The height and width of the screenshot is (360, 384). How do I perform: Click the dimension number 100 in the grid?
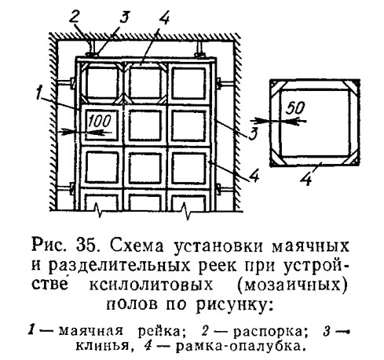click(100, 121)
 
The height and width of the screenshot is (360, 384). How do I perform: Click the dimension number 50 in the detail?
click(295, 107)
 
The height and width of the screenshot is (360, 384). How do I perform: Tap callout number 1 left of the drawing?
click(39, 93)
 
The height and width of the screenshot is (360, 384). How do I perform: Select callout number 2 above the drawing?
click(75, 18)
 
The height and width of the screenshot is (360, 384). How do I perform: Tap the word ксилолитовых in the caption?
click(151, 285)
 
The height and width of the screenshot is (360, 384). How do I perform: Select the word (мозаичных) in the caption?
click(293, 285)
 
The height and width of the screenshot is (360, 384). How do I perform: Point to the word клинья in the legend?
click(102, 347)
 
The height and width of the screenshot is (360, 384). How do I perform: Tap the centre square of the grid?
click(144, 125)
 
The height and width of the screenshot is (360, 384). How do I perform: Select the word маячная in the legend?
click(90, 332)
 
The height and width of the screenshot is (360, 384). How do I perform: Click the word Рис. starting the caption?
click(49, 245)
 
